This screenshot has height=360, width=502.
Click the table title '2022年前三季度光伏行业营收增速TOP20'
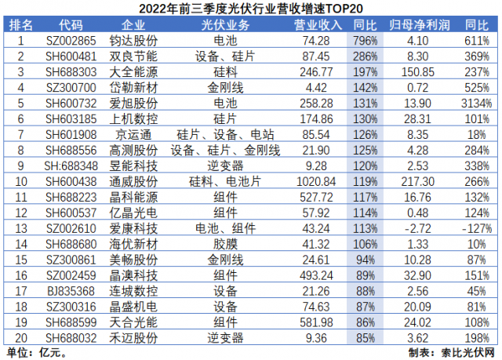251,9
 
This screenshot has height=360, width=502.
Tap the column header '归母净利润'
416,24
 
